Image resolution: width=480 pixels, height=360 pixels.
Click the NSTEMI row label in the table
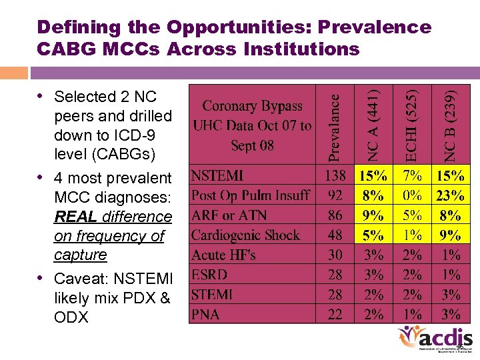(217, 176)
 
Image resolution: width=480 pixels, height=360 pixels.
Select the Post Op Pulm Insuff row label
(250, 195)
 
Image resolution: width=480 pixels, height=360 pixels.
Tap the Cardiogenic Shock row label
(245, 235)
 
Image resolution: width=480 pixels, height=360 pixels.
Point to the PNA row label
(205, 313)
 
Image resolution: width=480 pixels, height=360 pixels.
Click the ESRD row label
(209, 274)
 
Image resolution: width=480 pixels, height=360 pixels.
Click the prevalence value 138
(335, 176)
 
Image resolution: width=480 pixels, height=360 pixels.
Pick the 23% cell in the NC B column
(451, 195)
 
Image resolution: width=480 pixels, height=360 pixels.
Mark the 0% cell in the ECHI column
(413, 195)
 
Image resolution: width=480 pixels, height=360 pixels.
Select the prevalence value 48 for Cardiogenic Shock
(335, 235)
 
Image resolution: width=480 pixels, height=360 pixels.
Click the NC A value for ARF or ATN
(373, 215)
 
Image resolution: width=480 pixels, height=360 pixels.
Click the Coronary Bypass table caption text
(252, 125)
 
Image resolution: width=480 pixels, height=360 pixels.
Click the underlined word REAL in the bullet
(75, 217)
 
